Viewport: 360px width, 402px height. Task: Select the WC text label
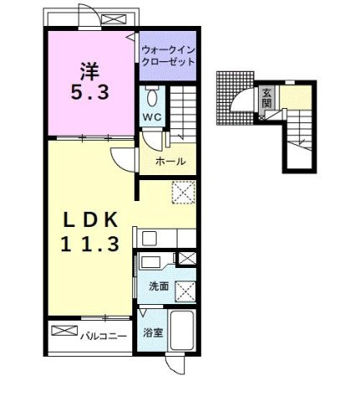pyautogui.click(x=152, y=116)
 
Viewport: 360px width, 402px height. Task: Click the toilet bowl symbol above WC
pyautogui.click(x=152, y=95)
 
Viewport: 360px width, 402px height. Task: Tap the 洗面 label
pyautogui.click(x=159, y=286)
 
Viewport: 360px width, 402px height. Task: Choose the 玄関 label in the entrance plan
pyautogui.click(x=266, y=98)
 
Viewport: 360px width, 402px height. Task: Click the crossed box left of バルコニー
pyautogui.click(x=64, y=332)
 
